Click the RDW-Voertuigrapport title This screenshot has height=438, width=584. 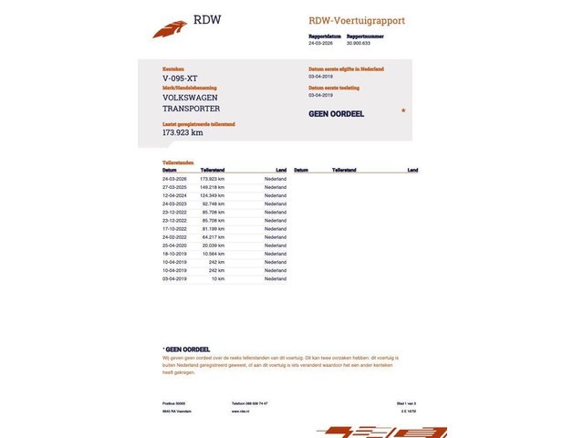[356, 20]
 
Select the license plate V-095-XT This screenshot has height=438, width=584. [179, 78]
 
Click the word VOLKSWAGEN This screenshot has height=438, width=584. [191, 97]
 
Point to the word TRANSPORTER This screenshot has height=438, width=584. [191, 109]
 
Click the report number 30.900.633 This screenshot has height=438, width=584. [353, 43]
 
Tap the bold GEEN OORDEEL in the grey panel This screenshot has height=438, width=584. [337, 114]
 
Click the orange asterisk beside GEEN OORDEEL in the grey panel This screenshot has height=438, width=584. [403, 110]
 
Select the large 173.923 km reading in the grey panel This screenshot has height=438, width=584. [182, 132]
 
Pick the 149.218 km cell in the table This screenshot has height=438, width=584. [212, 187]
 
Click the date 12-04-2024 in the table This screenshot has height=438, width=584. [174, 195]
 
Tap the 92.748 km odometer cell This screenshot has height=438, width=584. [213, 203]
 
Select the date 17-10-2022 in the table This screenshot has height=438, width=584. [174, 229]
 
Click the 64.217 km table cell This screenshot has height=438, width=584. [213, 237]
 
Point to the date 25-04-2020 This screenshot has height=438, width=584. [174, 245]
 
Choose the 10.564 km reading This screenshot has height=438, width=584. [213, 254]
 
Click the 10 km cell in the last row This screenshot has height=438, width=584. [218, 278]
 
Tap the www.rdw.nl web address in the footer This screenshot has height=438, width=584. [241, 412]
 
